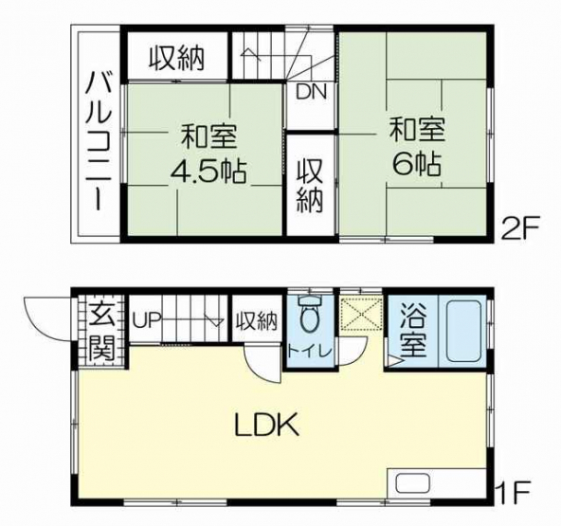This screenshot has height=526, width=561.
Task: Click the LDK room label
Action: [266, 425]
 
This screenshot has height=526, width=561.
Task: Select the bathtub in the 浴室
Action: [463, 331]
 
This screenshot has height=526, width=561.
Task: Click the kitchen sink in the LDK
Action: [412, 485]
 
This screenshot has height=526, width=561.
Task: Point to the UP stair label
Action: [146, 320]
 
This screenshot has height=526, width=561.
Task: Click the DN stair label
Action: [311, 92]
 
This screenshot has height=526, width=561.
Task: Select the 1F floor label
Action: [516, 493]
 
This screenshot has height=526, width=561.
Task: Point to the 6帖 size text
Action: [416, 164]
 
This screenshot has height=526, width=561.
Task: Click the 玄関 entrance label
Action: [101, 332]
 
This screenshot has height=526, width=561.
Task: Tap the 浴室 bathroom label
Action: [413, 330]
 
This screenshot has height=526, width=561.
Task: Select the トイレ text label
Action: [310, 352]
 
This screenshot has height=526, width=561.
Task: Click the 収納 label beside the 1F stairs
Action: [256, 320]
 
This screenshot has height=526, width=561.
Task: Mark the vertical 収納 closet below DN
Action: [310, 186]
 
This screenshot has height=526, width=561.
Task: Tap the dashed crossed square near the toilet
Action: [361, 314]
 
